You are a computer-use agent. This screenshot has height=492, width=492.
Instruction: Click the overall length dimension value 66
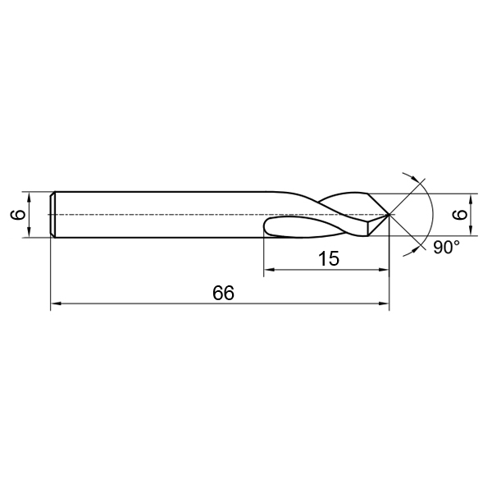[x=223, y=293]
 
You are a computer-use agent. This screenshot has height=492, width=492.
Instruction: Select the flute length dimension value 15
[x=329, y=259]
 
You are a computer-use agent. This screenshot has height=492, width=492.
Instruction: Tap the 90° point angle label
[x=446, y=248]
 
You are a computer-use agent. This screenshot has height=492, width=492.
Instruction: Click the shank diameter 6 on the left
[x=18, y=215]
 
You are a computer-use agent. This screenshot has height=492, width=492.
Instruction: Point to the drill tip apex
[x=389, y=214]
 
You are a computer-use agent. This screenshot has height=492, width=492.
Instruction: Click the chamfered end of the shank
[x=52, y=214]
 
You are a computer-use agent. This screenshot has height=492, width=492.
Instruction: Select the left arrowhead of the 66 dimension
[x=56, y=303]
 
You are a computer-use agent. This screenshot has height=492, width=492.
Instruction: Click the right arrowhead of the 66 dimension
[x=384, y=303]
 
